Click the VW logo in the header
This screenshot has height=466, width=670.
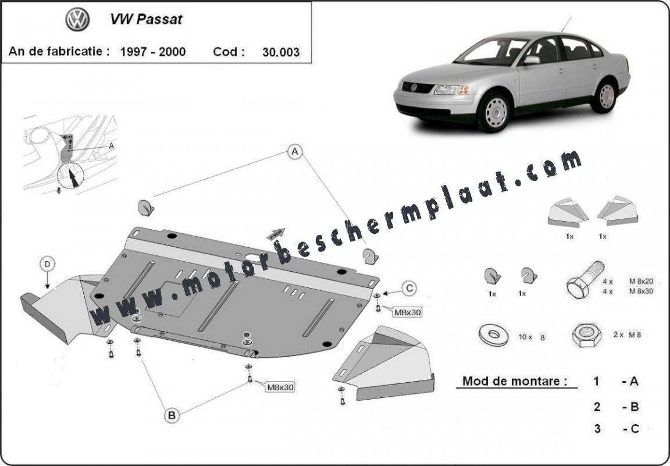pos(77,20)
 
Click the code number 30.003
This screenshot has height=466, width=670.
pos(281,52)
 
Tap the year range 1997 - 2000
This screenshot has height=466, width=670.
pos(153,52)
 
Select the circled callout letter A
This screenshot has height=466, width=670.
pos(295,151)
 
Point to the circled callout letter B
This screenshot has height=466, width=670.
pos(172,415)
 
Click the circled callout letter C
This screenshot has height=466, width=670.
pos(409,288)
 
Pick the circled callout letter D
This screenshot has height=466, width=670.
pos(48,264)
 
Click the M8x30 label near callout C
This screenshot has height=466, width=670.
pos(407,312)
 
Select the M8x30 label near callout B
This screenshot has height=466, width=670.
pos(280,387)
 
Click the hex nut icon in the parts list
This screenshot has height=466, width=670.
pos(586,335)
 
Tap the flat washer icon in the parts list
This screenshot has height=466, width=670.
pos(494,335)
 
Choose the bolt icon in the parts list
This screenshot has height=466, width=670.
pos(586,279)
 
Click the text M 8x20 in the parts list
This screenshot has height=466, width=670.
pos(641,282)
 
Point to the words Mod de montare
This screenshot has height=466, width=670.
pos(515,380)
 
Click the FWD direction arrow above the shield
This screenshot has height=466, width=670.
pos(276,234)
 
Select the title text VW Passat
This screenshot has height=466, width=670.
pos(146,19)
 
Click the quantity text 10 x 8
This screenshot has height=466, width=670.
pos(532,337)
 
